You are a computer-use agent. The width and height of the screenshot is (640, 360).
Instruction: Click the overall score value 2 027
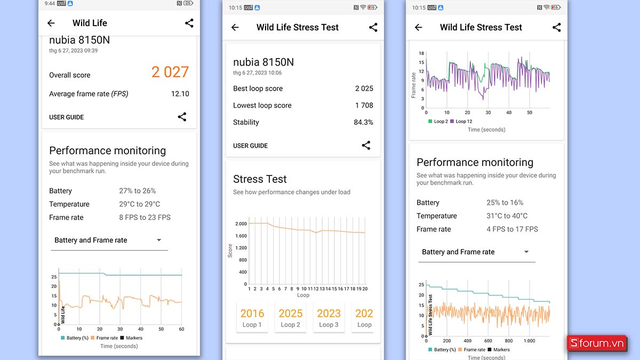point(170,72)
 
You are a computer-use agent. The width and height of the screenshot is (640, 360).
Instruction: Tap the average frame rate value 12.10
point(180,94)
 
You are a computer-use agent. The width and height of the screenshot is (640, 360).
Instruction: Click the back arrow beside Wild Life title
point(51,23)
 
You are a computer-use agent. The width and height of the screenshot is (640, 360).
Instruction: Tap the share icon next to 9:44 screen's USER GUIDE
point(182,117)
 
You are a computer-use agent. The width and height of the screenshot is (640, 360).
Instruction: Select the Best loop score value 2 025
point(364,89)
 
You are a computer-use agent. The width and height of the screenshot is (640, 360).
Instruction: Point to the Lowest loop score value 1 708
point(364,106)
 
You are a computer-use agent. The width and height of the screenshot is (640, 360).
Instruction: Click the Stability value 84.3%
point(363,122)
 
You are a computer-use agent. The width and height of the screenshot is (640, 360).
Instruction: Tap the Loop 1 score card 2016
point(252,317)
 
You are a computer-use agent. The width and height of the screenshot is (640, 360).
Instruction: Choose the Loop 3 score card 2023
point(329,317)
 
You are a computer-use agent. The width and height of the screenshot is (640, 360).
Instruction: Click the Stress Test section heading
point(260,179)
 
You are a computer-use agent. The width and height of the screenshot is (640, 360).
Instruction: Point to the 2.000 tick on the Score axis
point(241,224)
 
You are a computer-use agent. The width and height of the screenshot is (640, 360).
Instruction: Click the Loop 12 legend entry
point(461,122)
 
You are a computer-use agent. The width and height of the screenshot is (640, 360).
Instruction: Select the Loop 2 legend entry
point(438,122)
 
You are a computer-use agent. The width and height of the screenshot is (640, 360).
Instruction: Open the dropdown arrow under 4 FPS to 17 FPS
point(526,252)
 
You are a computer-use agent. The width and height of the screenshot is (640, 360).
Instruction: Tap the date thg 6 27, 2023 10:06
point(257,73)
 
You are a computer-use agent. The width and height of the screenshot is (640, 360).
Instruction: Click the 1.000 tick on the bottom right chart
point(529,341)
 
